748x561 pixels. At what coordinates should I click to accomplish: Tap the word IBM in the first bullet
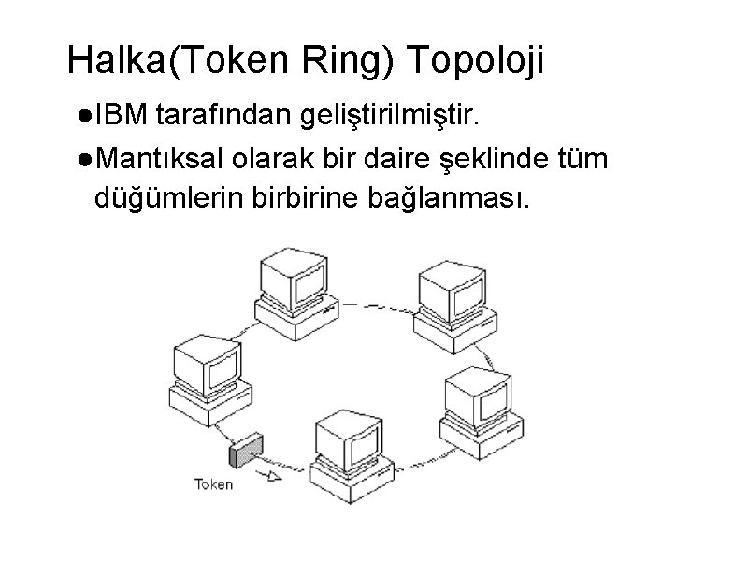[x=122, y=117]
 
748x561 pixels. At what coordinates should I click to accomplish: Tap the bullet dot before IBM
[x=84, y=118]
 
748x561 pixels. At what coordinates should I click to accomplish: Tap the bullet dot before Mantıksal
[x=84, y=159]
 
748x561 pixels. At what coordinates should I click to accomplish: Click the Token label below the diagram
[x=212, y=484]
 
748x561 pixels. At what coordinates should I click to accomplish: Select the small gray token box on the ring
[x=246, y=453]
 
